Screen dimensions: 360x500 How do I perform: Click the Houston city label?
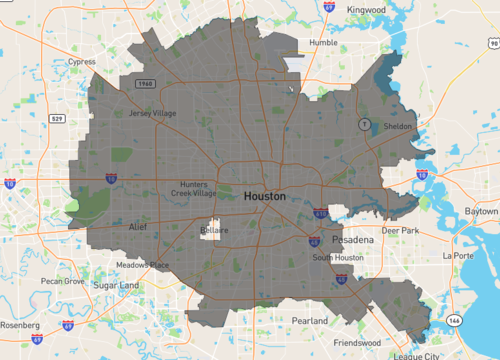tap(264, 197)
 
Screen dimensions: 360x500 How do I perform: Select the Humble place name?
tap(323, 43)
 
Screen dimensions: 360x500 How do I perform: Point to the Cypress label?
tap(82, 61)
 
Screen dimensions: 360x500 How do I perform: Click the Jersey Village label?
tap(153, 113)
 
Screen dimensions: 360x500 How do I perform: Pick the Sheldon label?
tap(397, 127)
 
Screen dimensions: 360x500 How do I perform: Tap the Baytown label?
tap(481, 212)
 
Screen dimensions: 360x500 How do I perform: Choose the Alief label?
tap(110, 228)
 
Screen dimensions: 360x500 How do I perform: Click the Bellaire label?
tap(213, 230)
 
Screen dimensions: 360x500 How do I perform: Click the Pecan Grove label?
tap(62, 281)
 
